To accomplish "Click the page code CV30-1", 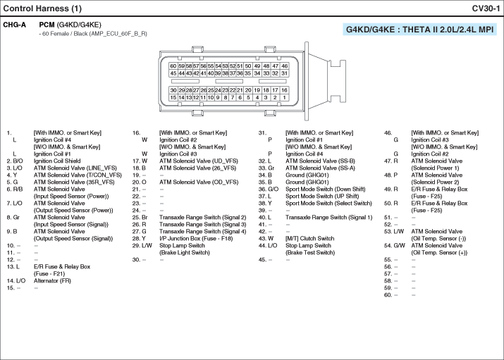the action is coord(486,8).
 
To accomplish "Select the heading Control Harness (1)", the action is coord(42,8).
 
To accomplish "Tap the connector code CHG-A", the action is coord(15,25).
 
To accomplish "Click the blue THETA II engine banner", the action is coord(419,30).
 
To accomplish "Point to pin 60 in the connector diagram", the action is coord(173,66).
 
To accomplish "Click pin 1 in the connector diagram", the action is coord(284,97).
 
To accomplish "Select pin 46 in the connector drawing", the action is coord(284,66).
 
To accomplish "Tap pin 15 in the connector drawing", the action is coord(173,97).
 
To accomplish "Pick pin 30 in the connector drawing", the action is coord(173,90).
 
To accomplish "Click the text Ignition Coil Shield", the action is coord(57,161).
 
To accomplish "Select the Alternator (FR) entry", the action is coord(52,280).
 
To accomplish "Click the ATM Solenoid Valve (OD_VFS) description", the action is coord(199,182).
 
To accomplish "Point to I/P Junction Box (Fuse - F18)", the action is coord(196,238).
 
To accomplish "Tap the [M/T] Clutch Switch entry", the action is coord(310,238).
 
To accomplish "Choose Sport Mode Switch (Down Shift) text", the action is coord(326,189).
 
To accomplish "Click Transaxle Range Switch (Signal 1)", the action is coord(328,218).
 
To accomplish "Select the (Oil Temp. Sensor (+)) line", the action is coord(439,252).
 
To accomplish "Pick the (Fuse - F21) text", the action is coord(49,273).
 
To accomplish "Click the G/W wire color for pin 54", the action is coord(399,245).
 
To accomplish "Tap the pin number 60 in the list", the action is coord(388,294).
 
